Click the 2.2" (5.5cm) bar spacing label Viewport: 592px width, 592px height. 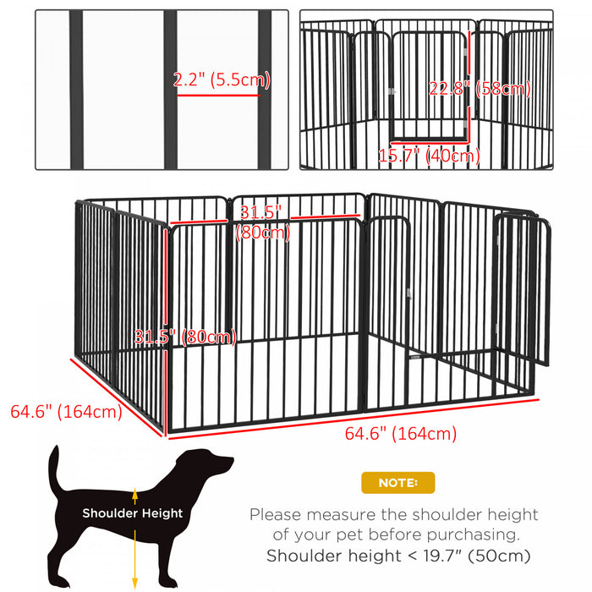pyautogui.click(x=221, y=80)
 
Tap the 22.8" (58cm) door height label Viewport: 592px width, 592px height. pyautogui.click(x=480, y=89)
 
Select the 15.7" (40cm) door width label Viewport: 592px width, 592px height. pyautogui.click(x=429, y=155)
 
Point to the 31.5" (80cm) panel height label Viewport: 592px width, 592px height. pyautogui.click(x=185, y=337)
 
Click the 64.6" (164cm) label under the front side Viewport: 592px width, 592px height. pyautogui.click(x=401, y=434)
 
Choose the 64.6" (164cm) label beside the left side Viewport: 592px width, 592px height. pyautogui.click(x=66, y=412)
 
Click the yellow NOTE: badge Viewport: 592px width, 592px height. pyautogui.click(x=397, y=483)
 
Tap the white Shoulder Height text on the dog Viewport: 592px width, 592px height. pyautogui.click(x=132, y=513)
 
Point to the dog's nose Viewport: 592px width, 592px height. pyautogui.click(x=230, y=461)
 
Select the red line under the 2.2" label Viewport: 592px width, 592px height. pyautogui.click(x=217, y=95)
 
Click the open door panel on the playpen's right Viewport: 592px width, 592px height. pyautogui.click(x=523, y=288)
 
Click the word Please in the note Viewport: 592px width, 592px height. pyautogui.click(x=277, y=514)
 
